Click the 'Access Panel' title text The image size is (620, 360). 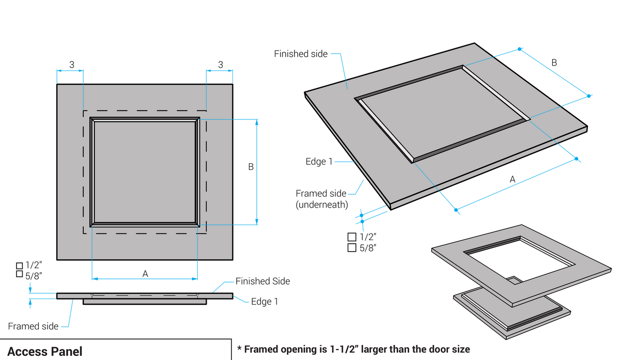(44, 351)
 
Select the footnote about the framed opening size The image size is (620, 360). (353, 349)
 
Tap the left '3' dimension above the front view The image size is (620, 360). (72, 65)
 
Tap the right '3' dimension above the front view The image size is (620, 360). (220, 65)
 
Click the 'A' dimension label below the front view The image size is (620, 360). (145, 274)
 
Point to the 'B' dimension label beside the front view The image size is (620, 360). (251, 167)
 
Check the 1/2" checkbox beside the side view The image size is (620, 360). (20, 265)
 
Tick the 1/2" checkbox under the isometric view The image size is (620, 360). (352, 237)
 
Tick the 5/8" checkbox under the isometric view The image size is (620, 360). (352, 248)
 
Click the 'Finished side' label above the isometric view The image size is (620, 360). (301, 54)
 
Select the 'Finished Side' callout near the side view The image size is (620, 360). (262, 281)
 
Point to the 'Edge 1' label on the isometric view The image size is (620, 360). (319, 162)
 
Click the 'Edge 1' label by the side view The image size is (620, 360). (265, 302)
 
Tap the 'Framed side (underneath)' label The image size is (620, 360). (321, 199)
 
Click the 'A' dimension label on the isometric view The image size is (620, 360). (513, 179)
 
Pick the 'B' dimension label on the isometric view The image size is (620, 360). (554, 62)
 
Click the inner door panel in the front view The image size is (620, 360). (145, 171)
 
